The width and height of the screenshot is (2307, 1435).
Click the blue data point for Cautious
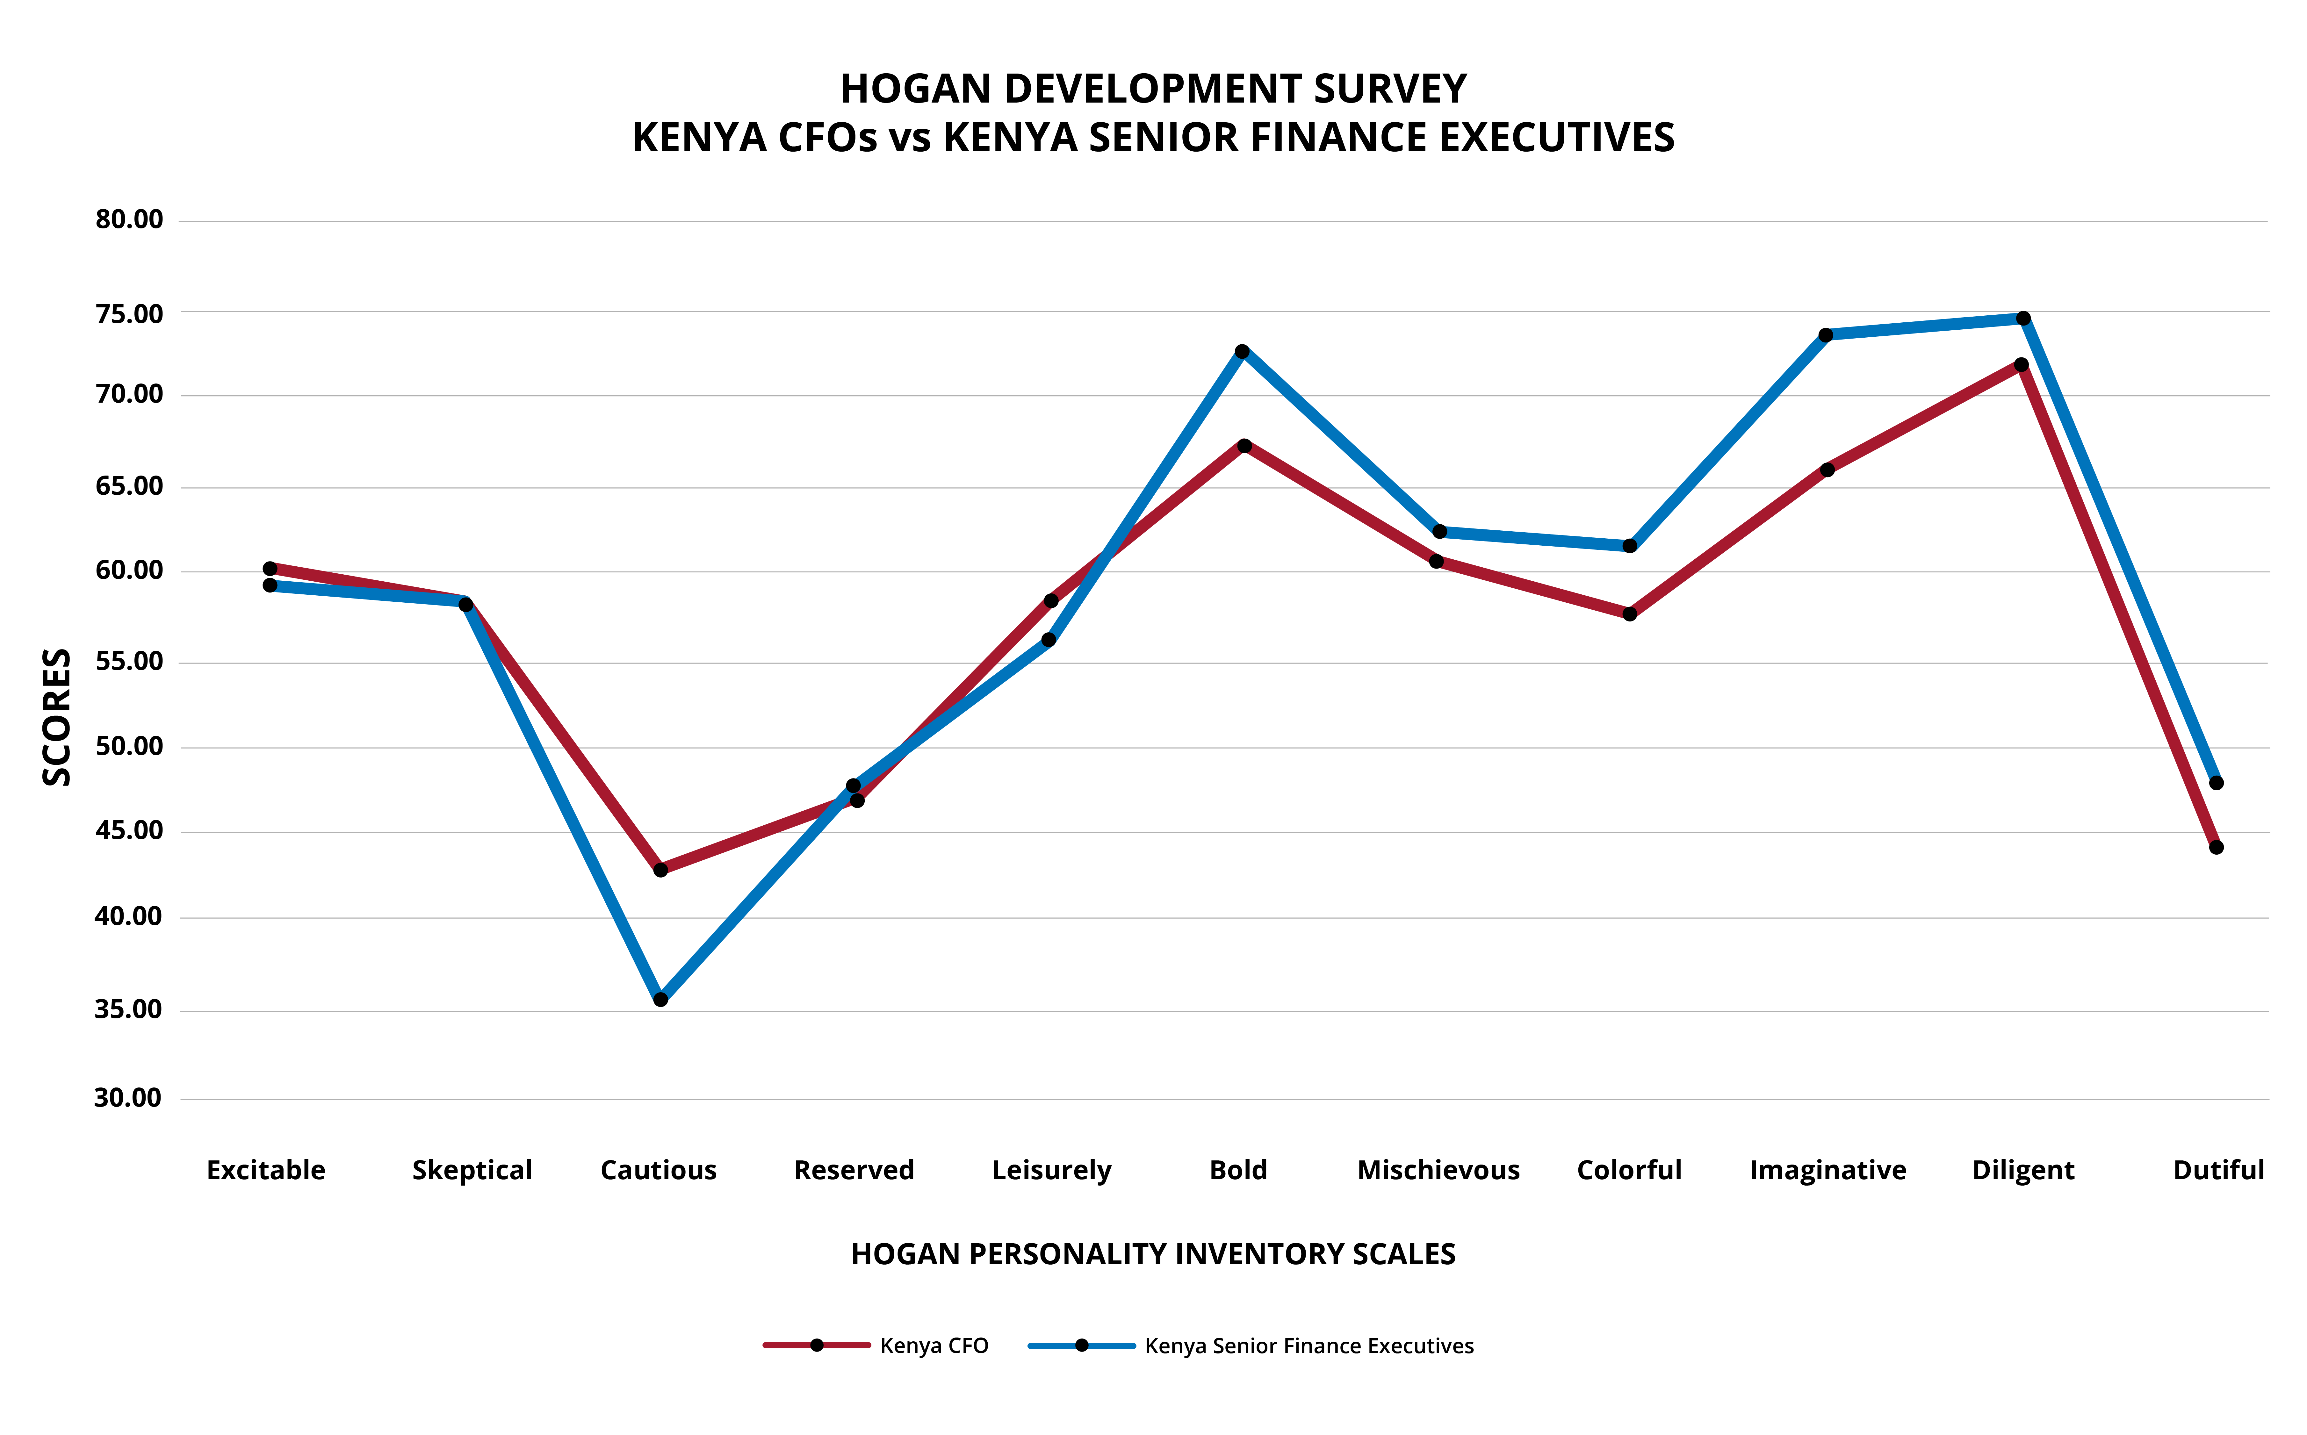[x=660, y=999]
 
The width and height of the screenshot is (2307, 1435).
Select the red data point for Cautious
[x=660, y=869]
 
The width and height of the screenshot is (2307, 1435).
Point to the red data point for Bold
[x=1244, y=445]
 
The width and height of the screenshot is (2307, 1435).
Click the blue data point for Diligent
[x=2023, y=318]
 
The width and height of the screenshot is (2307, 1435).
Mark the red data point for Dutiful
[x=2216, y=847]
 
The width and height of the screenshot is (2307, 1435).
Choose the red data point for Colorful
[x=1629, y=614]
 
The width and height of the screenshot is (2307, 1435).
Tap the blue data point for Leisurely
[x=1049, y=640]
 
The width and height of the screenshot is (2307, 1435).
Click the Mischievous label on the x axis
[x=1438, y=1170]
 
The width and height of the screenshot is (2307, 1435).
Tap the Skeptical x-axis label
[x=472, y=1170]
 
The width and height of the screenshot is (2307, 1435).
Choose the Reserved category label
[x=854, y=1170]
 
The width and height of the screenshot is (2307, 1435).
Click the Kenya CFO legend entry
[x=933, y=1346]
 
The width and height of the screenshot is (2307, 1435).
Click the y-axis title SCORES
[x=57, y=717]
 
